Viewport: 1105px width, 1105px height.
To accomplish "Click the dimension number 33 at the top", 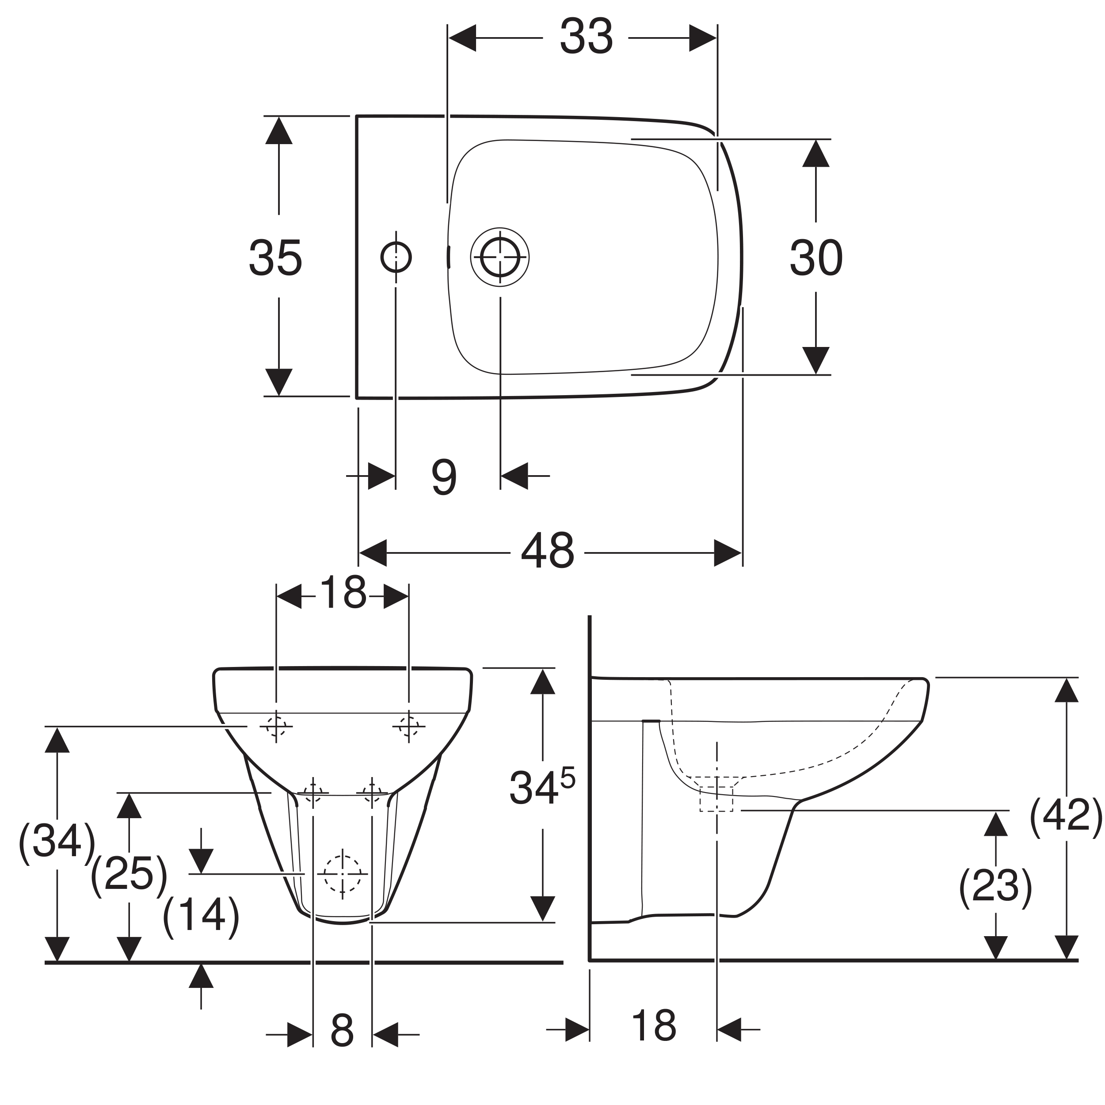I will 586,38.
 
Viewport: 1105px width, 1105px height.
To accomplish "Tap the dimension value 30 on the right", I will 816,259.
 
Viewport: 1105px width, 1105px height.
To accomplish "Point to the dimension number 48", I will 547,551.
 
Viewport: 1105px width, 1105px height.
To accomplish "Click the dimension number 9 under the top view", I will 444,477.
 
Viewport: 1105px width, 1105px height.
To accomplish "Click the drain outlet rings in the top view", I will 500,257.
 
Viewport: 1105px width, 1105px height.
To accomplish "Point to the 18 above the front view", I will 343,593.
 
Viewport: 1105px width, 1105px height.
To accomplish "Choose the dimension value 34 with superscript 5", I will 541,788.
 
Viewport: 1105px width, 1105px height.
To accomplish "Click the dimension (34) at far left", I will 56,842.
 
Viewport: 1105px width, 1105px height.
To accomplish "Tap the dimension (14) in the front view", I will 201,916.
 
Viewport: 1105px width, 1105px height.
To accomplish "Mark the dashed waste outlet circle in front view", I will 343,875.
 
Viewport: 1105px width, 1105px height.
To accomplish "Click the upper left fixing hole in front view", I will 276,726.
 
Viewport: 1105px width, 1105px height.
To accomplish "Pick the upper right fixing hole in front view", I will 408,726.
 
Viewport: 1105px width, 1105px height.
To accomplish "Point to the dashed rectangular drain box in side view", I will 716,799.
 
